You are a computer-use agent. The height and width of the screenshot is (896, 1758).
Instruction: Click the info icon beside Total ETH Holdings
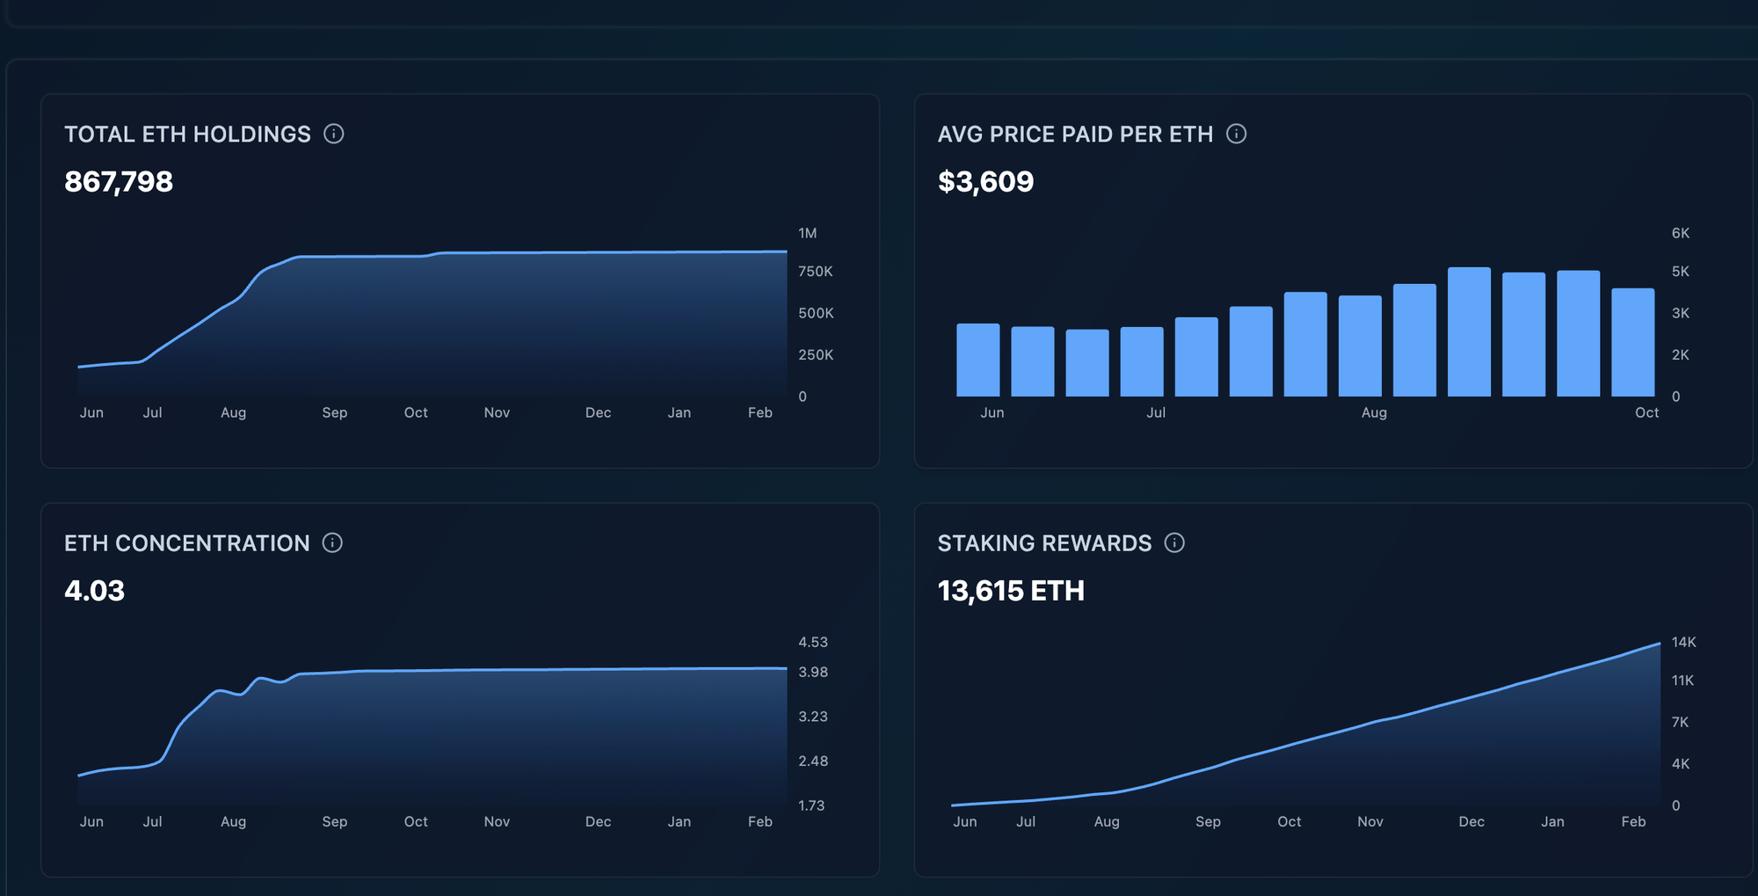(333, 134)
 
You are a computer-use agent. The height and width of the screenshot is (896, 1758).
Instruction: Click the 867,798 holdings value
(119, 182)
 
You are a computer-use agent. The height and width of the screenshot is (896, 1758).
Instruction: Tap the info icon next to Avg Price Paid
(1236, 134)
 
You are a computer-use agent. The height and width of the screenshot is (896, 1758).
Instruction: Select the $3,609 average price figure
(985, 182)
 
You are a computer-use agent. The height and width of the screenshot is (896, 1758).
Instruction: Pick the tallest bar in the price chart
(1469, 332)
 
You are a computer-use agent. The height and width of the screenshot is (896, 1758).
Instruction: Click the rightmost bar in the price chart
(1632, 343)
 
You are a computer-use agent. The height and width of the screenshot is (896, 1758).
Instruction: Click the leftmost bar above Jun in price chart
(977, 361)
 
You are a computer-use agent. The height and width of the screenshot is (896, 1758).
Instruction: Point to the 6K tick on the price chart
(1680, 233)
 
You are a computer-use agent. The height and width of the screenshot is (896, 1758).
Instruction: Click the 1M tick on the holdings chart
(807, 233)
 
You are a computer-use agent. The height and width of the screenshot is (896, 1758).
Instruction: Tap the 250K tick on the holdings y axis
(815, 354)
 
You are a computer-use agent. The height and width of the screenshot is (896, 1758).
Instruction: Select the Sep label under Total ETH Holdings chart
(334, 412)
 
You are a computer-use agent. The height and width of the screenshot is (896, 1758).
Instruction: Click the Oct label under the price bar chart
(1646, 412)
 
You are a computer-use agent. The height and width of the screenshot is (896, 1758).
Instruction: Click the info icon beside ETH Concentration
(332, 543)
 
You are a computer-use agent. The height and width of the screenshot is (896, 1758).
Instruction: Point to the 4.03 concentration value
(94, 591)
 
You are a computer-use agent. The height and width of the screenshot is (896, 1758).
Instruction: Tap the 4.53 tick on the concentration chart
(812, 642)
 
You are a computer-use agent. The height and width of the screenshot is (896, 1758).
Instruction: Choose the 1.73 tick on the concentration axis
(810, 805)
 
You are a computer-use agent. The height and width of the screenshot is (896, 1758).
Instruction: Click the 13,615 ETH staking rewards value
(1011, 591)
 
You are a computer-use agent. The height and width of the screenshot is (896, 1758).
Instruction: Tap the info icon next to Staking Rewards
(1174, 543)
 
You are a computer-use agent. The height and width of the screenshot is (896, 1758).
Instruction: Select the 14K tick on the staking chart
(1683, 642)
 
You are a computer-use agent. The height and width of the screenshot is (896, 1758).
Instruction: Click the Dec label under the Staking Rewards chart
(1471, 821)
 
